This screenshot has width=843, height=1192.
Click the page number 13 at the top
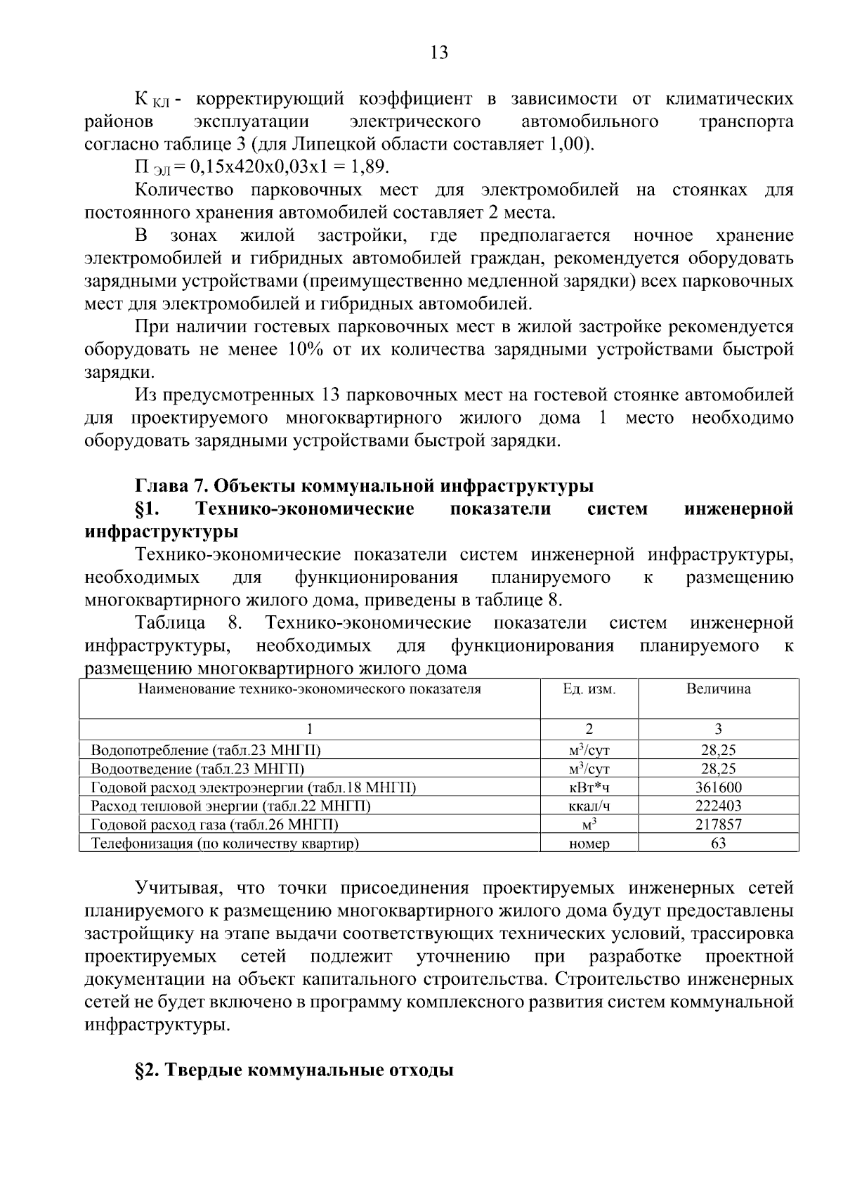click(438, 53)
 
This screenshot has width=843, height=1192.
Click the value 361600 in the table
click(718, 787)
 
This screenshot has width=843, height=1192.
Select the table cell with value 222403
click(718, 806)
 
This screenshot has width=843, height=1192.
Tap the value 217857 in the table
click(718, 825)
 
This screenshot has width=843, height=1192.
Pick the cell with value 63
click(718, 843)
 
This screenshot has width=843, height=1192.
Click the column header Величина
click(718, 689)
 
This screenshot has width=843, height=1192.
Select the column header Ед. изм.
click(589, 689)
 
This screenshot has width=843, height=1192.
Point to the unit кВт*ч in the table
click(589, 787)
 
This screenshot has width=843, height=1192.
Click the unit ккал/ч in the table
click(589, 806)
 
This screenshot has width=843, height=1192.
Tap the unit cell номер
click(589, 844)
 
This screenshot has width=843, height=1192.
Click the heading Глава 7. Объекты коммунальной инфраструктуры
click(364, 486)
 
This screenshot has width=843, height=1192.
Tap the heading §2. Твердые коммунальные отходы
click(294, 1071)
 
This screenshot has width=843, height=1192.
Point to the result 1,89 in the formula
click(370, 167)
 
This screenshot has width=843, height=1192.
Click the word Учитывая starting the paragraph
click(179, 888)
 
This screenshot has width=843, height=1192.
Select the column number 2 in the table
click(589, 729)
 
